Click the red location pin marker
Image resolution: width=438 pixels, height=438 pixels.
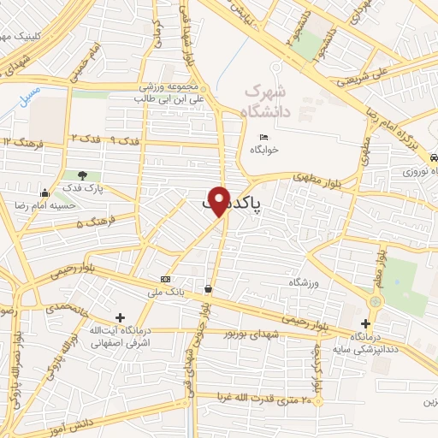[222, 200]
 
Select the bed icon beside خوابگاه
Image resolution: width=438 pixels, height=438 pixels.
[263, 138]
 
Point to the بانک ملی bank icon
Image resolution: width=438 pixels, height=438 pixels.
[165, 280]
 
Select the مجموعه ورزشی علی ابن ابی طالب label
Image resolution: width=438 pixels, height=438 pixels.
[171, 93]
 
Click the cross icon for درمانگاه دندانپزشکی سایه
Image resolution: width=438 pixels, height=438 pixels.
[366, 323]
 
